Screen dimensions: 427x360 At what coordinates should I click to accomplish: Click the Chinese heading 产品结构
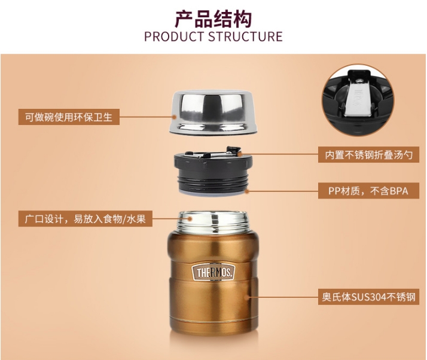pos(213,19)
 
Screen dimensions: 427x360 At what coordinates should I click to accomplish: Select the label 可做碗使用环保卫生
pos(69,117)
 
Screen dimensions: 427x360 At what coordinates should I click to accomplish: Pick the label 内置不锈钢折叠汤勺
pos(368,155)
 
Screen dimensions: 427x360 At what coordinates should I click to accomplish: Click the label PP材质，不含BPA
pos(368,191)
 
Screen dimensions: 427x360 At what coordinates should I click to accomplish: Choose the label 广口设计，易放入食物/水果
pos(86,219)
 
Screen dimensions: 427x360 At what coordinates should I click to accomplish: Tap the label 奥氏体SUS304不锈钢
pos(368,297)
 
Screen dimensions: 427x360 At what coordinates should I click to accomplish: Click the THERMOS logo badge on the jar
pos(213,272)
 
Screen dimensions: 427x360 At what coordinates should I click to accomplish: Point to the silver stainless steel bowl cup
pos(213,112)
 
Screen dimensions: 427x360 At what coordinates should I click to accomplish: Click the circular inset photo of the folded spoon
pos(358,100)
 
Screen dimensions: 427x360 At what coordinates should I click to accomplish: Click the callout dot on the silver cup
pos(175,117)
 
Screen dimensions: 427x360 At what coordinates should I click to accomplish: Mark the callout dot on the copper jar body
pos(247,297)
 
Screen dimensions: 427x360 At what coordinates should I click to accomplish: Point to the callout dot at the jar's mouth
pos(191,218)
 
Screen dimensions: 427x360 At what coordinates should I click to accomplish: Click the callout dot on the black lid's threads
pos(247,191)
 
